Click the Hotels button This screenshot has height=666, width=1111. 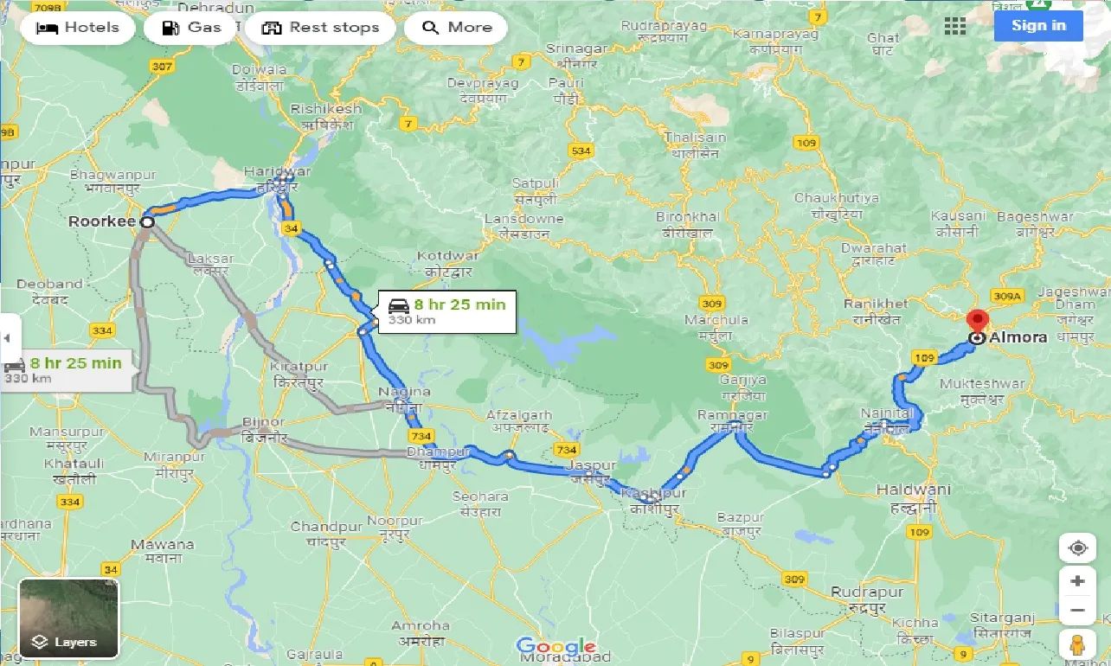(x=77, y=28)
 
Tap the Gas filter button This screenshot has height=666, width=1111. (x=192, y=28)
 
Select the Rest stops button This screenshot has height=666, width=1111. (x=320, y=28)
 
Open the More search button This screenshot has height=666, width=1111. (x=456, y=28)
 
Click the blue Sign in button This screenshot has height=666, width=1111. (x=1038, y=26)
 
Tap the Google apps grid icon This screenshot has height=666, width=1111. (x=955, y=27)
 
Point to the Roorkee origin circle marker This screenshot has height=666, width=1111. (x=148, y=222)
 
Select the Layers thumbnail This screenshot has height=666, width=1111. (x=69, y=618)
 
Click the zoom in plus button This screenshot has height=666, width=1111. (x=1077, y=581)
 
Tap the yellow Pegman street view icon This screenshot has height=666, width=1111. (x=1077, y=644)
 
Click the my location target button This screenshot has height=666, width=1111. (x=1077, y=548)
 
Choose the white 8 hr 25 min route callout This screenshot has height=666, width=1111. (x=446, y=311)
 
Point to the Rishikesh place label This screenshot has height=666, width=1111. (x=325, y=109)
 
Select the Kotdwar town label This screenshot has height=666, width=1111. (x=446, y=256)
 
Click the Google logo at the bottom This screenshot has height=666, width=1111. (x=555, y=646)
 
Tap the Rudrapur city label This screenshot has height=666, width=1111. (x=867, y=592)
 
